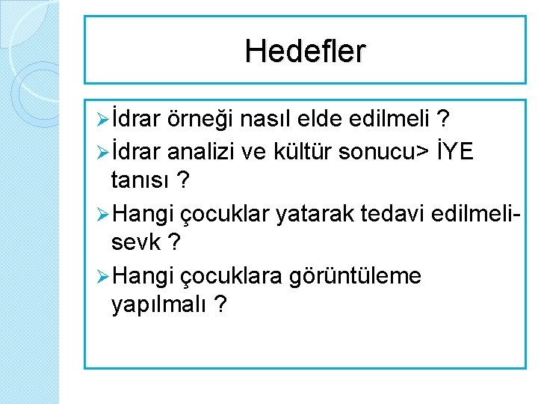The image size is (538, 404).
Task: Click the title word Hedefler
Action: (x=305, y=51)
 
